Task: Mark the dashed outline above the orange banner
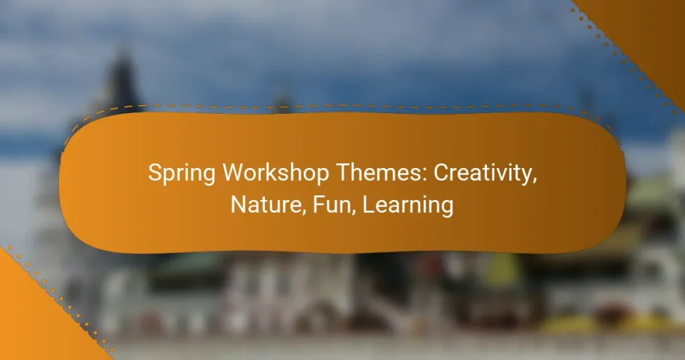[334, 105]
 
